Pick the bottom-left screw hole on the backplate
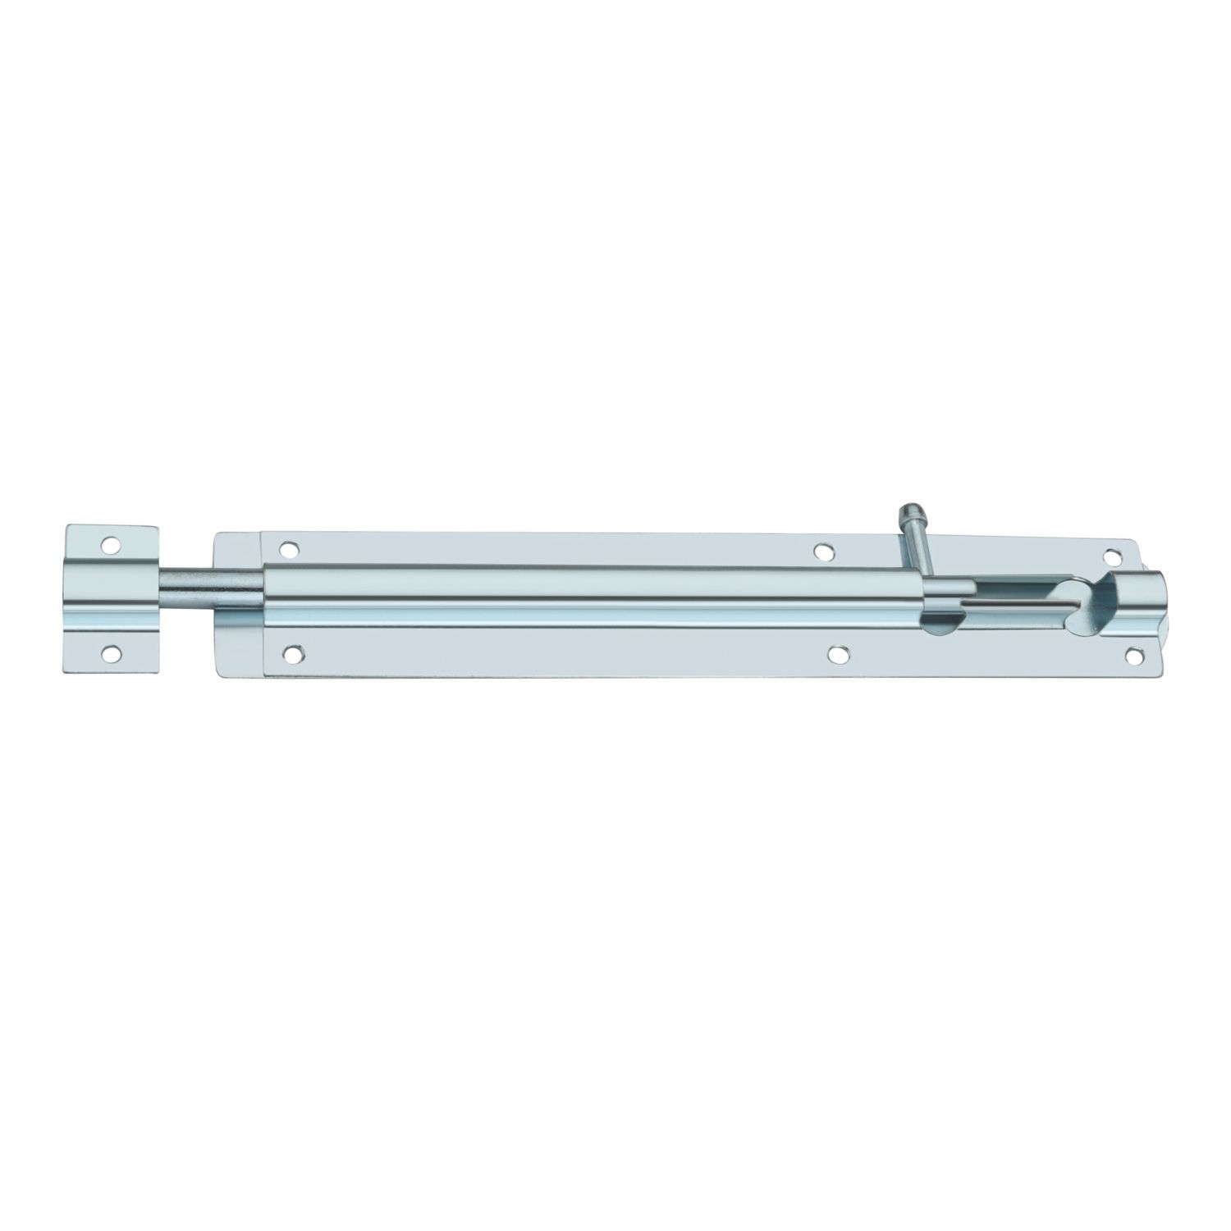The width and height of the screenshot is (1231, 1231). (x=291, y=654)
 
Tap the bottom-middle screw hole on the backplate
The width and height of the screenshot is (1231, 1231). (x=838, y=654)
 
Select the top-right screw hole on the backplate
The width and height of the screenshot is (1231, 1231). (x=1112, y=556)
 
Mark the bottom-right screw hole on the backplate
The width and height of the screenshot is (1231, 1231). (x=1133, y=655)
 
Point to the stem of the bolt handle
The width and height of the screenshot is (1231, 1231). (x=918, y=549)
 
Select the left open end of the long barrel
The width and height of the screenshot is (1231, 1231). (x=264, y=597)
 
